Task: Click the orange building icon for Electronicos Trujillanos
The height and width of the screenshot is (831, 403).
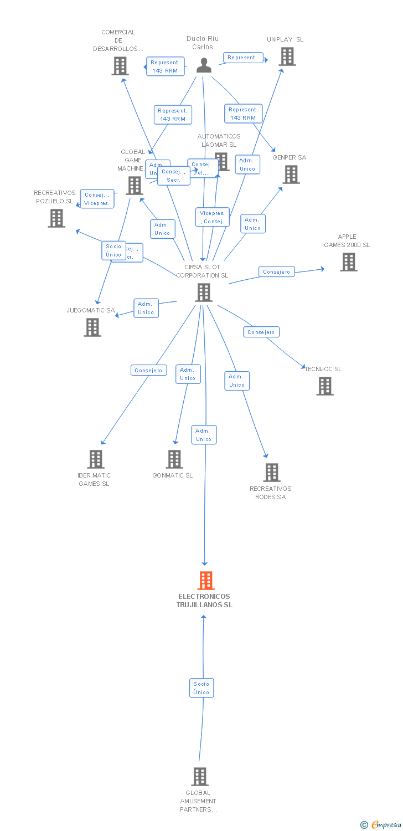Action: [205, 581]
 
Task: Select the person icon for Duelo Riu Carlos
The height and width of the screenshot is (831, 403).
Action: [204, 65]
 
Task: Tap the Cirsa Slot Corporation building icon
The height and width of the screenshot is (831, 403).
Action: [204, 293]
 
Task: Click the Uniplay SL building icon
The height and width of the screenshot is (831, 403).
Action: [287, 57]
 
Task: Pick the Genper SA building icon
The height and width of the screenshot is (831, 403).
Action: [291, 175]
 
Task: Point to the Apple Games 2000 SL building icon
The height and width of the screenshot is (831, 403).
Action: [348, 262]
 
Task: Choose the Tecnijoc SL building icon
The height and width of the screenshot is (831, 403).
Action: [325, 386]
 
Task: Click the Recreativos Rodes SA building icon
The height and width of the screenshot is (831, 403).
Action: [271, 473]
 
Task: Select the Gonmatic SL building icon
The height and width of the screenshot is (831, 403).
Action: [174, 459]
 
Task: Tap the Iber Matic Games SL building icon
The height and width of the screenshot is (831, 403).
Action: [96, 459]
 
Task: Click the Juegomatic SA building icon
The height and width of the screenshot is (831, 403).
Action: [92, 327]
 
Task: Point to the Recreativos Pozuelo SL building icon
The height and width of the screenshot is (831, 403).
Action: [56, 218]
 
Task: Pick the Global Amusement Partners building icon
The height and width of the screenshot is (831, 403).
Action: [200, 777]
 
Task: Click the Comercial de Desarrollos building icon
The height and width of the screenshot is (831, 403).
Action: [120, 66]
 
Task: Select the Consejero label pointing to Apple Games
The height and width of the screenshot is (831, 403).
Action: [277, 272]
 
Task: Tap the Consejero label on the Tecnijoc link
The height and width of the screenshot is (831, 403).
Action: [261, 332]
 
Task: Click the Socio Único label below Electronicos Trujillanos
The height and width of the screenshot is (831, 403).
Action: [201, 688]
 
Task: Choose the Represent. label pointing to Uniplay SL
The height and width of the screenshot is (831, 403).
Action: [242, 58]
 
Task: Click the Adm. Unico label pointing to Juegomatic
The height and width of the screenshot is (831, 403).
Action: [146, 308]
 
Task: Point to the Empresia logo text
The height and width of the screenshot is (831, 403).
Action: [386, 825]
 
